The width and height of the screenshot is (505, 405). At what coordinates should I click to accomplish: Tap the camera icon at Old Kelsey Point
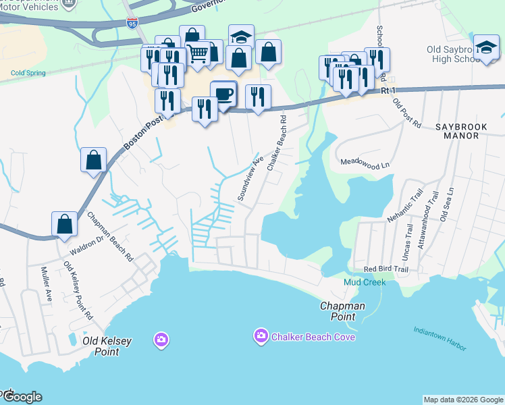(x=161, y=338)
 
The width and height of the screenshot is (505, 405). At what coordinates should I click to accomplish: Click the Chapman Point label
(x=342, y=311)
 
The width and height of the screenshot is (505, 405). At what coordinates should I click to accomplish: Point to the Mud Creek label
(x=365, y=282)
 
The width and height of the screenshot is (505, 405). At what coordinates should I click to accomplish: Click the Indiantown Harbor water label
(x=440, y=339)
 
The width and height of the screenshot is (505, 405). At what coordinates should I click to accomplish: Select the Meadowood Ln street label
(x=365, y=163)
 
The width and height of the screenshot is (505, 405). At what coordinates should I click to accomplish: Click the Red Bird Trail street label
(x=386, y=269)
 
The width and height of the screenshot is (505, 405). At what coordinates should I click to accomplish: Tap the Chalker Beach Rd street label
(x=277, y=142)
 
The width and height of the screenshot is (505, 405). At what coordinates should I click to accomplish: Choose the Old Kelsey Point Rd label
(x=78, y=290)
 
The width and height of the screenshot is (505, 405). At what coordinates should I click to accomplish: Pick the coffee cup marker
(x=223, y=94)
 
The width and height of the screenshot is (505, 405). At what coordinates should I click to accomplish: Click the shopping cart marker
(x=197, y=53)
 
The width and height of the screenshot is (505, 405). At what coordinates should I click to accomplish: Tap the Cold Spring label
(x=26, y=73)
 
